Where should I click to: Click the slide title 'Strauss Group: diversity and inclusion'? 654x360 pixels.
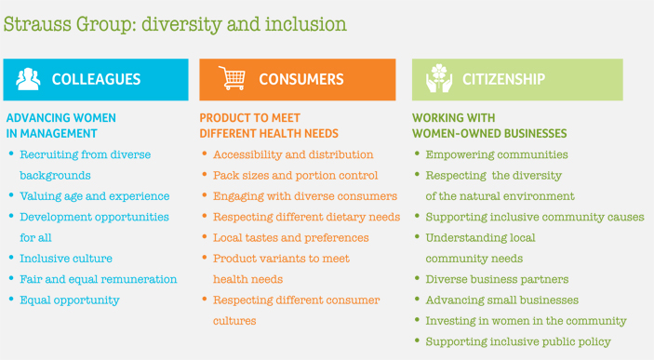pyautogui.click(x=175, y=23)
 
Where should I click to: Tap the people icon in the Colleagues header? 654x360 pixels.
pyautogui.click(x=29, y=79)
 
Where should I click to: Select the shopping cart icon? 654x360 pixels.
pyautogui.click(x=232, y=79)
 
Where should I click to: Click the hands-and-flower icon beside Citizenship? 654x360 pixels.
pyautogui.click(x=438, y=79)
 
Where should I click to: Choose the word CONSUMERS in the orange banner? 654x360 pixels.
pyautogui.click(x=300, y=80)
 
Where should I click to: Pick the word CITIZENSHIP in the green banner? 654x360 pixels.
pyautogui.click(x=503, y=80)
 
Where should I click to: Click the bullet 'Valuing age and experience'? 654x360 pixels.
pyautogui.click(x=94, y=196)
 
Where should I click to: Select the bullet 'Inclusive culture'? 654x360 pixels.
pyautogui.click(x=66, y=259)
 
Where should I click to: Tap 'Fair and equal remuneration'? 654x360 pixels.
pyautogui.click(x=98, y=279)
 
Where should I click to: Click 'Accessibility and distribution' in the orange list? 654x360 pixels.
pyautogui.click(x=293, y=154)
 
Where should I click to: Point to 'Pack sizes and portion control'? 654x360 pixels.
pyautogui.click(x=295, y=175)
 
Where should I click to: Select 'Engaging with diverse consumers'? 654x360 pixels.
pyautogui.click(x=304, y=196)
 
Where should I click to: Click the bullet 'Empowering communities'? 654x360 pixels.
pyautogui.click(x=496, y=154)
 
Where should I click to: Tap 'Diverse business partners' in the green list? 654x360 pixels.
pyautogui.click(x=497, y=279)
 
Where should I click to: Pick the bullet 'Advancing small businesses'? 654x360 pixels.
pyautogui.click(x=501, y=300)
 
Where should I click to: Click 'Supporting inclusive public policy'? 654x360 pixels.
pyautogui.click(x=517, y=341)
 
